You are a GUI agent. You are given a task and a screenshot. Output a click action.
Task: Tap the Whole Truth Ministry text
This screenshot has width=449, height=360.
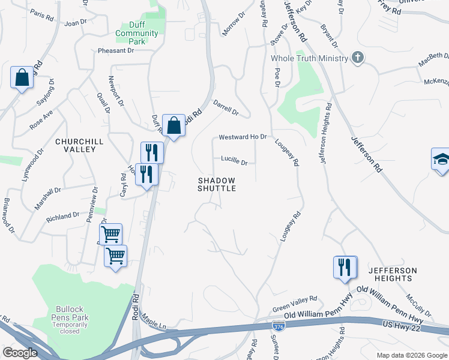click(x=309, y=58)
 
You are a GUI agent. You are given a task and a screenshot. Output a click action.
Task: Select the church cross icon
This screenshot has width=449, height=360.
click(x=358, y=58)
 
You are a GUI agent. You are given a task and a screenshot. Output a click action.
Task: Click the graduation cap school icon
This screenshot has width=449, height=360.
click(x=441, y=160)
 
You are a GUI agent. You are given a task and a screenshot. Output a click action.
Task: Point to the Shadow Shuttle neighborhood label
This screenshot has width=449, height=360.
click(x=217, y=184)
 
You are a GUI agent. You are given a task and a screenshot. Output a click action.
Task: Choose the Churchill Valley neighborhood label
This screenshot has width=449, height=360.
click(x=75, y=145)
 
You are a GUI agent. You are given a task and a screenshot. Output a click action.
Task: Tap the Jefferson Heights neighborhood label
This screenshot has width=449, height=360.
click(x=391, y=274)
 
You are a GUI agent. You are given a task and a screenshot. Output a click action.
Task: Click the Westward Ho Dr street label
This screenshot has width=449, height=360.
click(x=242, y=137)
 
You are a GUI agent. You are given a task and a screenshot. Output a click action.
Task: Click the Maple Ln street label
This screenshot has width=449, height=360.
click(x=154, y=324)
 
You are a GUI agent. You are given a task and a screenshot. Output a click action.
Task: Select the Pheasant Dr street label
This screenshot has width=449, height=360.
click(x=115, y=51)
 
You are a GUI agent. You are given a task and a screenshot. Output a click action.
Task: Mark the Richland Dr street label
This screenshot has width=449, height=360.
click(x=62, y=215)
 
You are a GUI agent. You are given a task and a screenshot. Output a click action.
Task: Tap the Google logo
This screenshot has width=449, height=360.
click(x=20, y=353)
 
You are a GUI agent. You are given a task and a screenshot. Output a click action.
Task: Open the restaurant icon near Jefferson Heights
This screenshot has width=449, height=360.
click(x=345, y=267)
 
